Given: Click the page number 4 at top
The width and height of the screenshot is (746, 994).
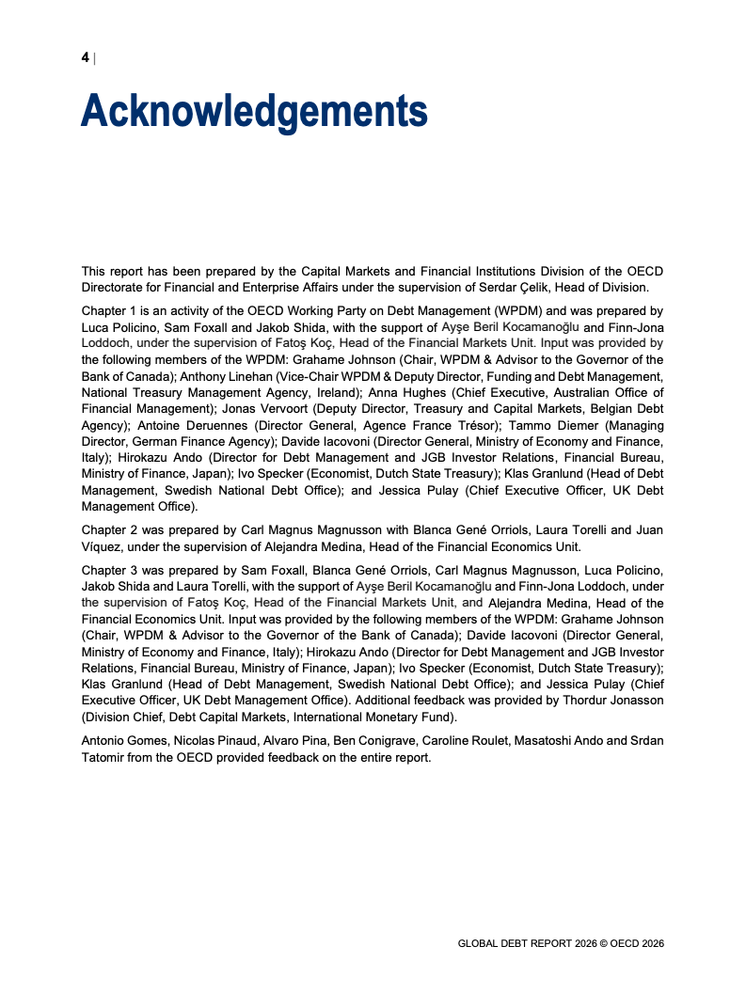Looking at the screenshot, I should click(x=85, y=58).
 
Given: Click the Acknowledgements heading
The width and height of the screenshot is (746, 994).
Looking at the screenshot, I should click(x=254, y=111).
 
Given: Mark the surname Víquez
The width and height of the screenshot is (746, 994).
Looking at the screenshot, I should click(x=103, y=546).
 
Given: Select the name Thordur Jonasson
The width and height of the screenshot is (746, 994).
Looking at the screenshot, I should click(x=617, y=700).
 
